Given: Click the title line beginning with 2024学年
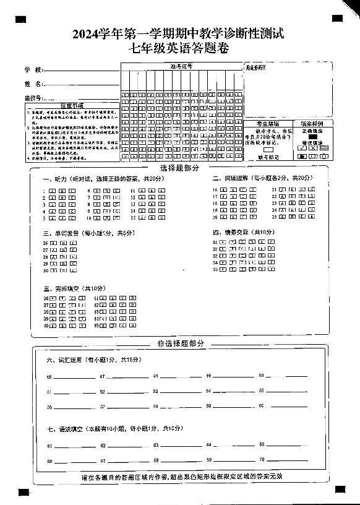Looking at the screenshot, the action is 179,35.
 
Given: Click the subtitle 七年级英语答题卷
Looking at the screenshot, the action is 178,49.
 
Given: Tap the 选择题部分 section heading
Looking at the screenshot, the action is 179,168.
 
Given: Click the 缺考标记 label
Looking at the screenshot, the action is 268,157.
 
